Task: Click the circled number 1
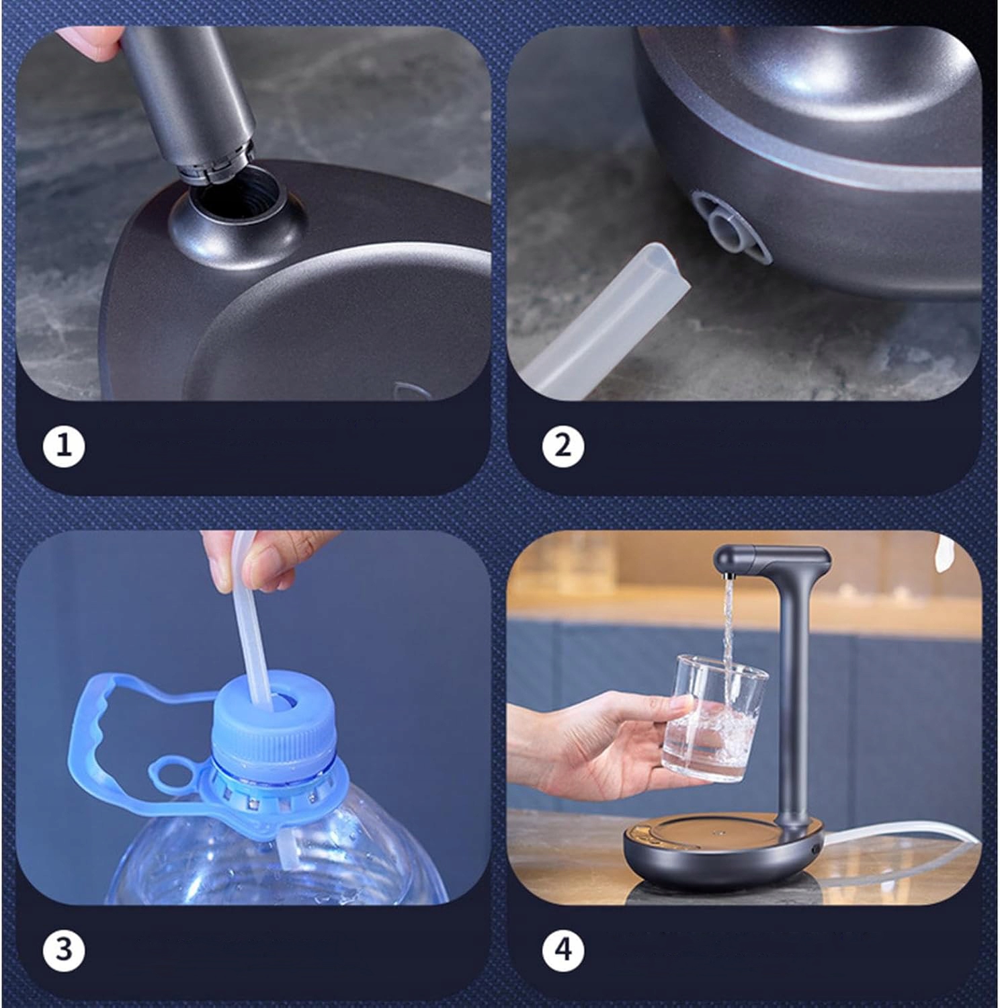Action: (x=64, y=446)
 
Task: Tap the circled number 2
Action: (x=562, y=446)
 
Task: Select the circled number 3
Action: (x=64, y=950)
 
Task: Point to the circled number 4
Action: (x=562, y=950)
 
